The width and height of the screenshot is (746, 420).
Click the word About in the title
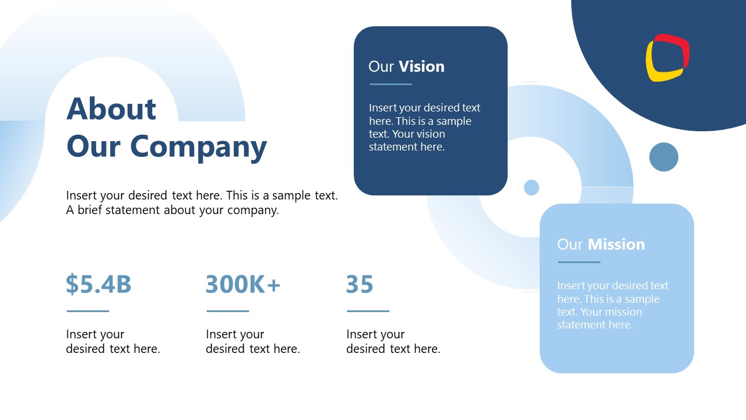coord(111,108)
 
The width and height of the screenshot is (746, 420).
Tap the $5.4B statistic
coord(98,284)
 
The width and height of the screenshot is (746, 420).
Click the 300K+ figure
coord(243,284)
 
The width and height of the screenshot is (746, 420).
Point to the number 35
coord(360,284)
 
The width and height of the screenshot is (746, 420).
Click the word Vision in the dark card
coord(421,66)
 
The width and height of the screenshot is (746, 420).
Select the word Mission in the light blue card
coord(617,244)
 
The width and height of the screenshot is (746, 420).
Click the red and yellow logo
coord(667,58)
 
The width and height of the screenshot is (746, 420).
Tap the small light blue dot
coord(532,187)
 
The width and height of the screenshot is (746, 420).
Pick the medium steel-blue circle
coord(664,157)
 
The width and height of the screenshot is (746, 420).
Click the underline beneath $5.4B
coord(88,311)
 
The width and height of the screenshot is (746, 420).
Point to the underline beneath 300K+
coord(228,311)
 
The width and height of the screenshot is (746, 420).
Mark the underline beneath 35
coord(368,311)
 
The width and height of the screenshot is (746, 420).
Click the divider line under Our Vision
coord(390,84)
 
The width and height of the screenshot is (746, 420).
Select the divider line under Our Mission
coord(579,262)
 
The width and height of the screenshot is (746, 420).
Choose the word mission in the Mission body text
coord(622,312)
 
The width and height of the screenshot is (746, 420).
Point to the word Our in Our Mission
coord(570,244)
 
